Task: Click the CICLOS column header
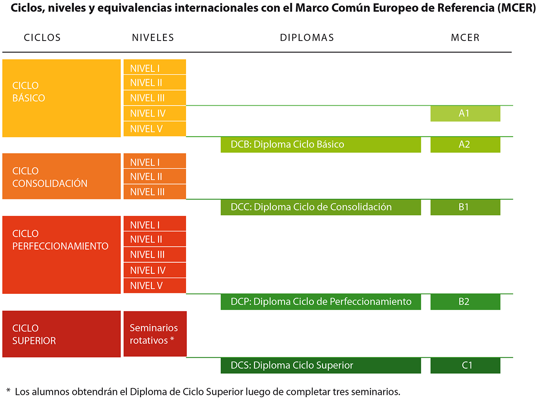[x=42, y=38]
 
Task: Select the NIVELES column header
[x=153, y=38]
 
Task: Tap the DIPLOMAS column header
[x=307, y=38]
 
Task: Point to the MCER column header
[x=465, y=38]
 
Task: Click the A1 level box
[x=465, y=114]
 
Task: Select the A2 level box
[x=465, y=144]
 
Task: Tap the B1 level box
[x=465, y=207]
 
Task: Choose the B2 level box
[x=465, y=302]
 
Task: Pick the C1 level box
[x=465, y=365]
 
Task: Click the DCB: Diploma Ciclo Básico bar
[x=320, y=144]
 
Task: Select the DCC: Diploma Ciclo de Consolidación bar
[x=320, y=207]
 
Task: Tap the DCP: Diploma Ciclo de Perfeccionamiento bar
[x=320, y=302]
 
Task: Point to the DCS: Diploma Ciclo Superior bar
[x=320, y=365]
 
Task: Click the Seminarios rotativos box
[x=155, y=334]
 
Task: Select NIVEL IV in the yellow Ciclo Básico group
[x=154, y=114]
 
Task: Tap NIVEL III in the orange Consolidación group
[x=154, y=192]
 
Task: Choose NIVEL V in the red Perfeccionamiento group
[x=154, y=286]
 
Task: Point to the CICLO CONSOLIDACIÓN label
[x=50, y=177]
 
